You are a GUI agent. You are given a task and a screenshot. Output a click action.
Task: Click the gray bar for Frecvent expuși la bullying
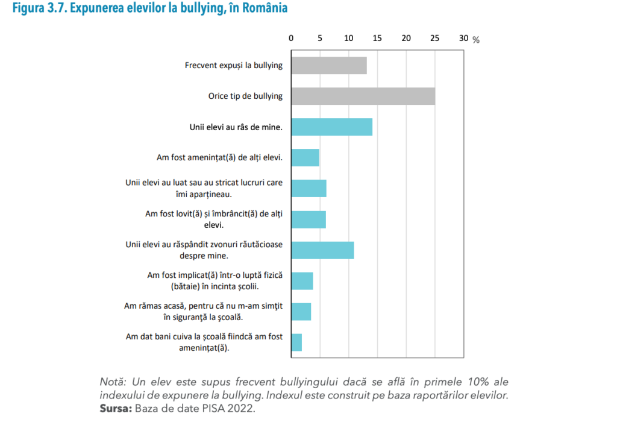(328, 65)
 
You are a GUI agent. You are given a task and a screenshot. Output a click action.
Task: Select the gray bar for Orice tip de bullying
(363, 96)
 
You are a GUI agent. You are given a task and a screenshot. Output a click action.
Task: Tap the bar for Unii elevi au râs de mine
(331, 127)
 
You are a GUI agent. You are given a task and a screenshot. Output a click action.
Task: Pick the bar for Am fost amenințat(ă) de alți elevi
(305, 158)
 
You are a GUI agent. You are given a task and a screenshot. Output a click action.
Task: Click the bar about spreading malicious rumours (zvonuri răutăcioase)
(322, 250)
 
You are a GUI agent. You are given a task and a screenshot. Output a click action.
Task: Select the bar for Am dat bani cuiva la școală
(296, 342)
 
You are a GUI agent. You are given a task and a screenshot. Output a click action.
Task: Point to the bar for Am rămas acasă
(301, 312)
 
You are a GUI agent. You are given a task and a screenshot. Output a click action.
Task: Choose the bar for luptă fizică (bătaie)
(302, 281)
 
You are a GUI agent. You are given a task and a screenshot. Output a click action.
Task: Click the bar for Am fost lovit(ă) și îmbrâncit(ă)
(308, 219)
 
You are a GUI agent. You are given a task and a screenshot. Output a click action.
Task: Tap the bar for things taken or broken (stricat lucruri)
(308, 189)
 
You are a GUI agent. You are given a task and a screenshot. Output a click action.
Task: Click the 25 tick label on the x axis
(434, 38)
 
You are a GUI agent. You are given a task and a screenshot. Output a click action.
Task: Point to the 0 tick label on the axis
(291, 38)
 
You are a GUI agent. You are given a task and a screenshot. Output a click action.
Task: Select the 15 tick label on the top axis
(377, 38)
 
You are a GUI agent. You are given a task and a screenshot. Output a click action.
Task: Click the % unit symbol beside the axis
(476, 40)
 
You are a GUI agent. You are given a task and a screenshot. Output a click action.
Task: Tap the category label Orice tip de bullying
(245, 96)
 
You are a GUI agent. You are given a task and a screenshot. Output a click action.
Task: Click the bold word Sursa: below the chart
(116, 409)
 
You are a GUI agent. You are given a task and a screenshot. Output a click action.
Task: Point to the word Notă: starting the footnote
(113, 382)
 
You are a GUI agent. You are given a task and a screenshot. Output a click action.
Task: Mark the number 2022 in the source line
(243, 409)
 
